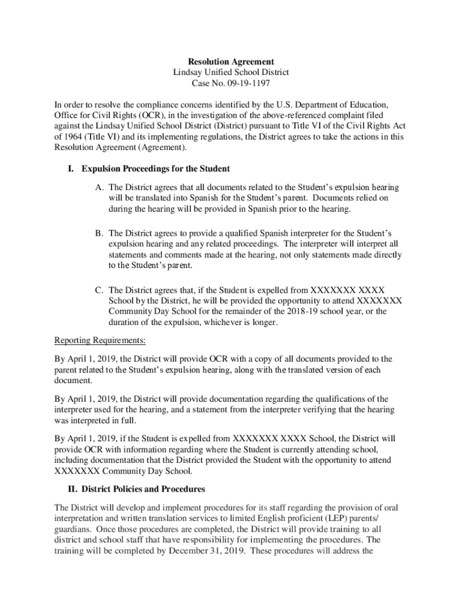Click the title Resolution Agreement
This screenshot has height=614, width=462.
click(x=231, y=62)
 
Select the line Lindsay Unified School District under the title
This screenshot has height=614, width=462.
click(x=231, y=73)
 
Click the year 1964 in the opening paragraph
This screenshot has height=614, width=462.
click(x=74, y=137)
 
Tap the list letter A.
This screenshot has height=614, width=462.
click(x=100, y=188)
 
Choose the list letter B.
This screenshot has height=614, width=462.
click(x=100, y=233)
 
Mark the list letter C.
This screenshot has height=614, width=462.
click(x=100, y=290)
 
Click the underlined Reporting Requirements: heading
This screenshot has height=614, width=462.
click(x=100, y=341)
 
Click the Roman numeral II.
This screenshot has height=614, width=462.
click(x=73, y=489)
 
